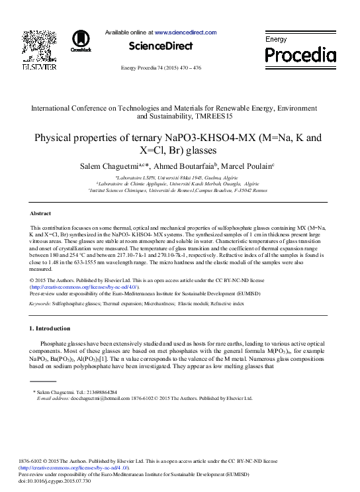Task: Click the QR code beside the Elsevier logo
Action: click(x=34, y=41)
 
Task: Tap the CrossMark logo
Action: click(x=81, y=40)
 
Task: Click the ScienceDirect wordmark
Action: click(x=160, y=46)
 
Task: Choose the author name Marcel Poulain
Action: click(x=249, y=165)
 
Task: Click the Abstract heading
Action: click(x=41, y=213)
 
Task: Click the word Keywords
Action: click(x=40, y=303)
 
